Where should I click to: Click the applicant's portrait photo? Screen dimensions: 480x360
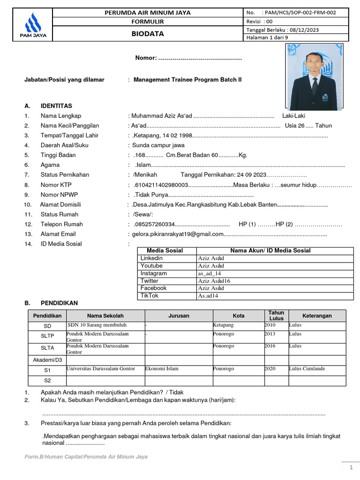314,77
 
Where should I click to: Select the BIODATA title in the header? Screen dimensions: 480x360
147,34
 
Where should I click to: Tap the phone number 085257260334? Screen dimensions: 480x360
154,224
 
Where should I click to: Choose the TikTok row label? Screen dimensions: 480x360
150,296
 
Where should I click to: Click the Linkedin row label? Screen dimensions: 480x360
151,258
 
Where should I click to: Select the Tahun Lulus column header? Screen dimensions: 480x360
276,315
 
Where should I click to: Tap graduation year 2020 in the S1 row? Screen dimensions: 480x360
270,369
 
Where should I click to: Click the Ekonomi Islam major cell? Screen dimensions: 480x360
162,369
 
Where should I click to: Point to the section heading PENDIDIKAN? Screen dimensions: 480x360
59,303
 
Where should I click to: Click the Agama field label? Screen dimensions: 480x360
50,165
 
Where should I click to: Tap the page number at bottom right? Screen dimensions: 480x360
351,468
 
